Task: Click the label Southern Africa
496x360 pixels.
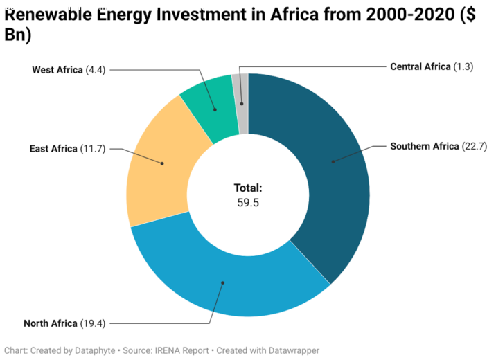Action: coord(425,146)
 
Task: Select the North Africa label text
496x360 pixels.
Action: coord(51,323)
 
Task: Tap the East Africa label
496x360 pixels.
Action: coord(53,149)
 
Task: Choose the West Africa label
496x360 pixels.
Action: coord(57,70)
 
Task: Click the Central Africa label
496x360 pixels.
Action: coord(420,67)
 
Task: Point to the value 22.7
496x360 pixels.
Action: coord(474,146)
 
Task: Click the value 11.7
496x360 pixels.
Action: coord(93,149)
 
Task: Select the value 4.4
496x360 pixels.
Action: coord(95,70)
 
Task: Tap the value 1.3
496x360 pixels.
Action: coord(463,67)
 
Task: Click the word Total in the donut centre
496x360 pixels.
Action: coord(247,188)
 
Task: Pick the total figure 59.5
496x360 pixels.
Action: coord(247,203)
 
